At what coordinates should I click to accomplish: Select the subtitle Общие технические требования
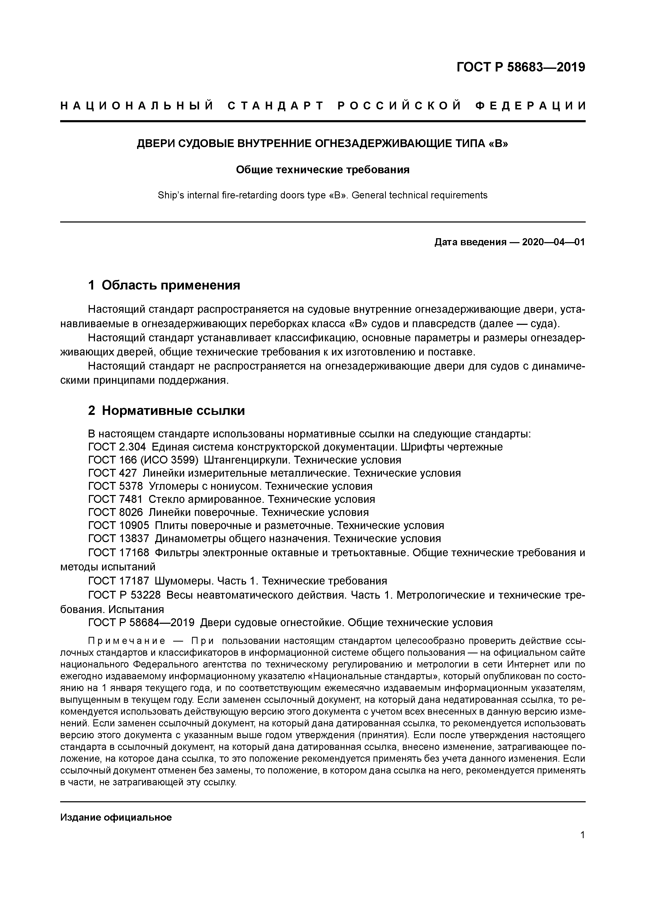[x=323, y=170]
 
